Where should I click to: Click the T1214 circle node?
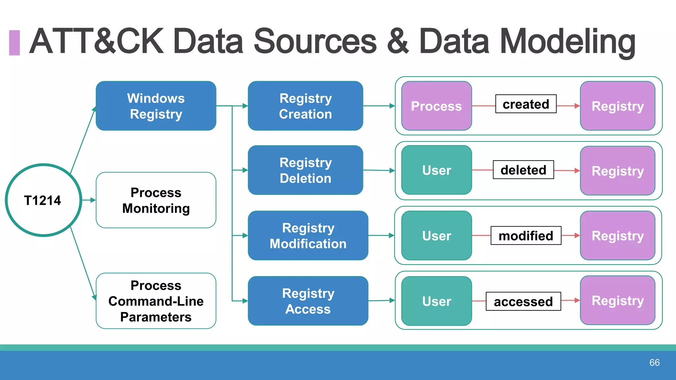point(43,200)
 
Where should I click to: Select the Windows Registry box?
point(156,106)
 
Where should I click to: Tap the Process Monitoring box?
point(156,200)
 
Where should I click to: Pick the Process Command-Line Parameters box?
point(156,301)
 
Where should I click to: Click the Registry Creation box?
point(305,106)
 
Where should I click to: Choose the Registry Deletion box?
point(305,170)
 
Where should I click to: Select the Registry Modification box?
point(308,236)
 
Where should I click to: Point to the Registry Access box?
point(308,301)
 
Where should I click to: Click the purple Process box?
point(436,106)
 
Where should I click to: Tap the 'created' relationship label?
point(526,104)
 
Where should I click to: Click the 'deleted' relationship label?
point(523,170)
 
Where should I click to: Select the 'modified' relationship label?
point(526,236)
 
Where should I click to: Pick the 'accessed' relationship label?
point(523,301)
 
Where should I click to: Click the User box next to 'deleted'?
point(436,170)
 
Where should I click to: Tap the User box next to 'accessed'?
point(436,301)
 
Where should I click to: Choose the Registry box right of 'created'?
point(618,106)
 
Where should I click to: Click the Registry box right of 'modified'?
point(618,236)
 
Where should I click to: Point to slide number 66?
point(654,363)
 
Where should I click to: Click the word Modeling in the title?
point(567,41)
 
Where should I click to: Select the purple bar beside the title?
point(15,43)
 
